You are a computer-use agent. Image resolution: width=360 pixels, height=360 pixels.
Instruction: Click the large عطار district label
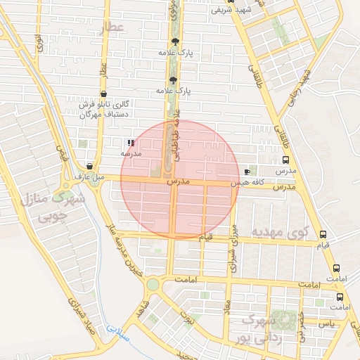[111, 27]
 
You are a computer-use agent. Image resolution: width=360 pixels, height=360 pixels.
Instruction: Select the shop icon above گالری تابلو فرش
[104, 94]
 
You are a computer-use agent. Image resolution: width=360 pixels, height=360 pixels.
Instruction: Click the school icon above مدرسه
[131, 142]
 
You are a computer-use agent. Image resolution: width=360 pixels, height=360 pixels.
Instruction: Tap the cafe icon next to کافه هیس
[246, 172]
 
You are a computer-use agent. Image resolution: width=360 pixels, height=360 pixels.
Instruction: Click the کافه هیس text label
[249, 182]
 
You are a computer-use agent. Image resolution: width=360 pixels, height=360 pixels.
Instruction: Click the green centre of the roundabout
[153, 284]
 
